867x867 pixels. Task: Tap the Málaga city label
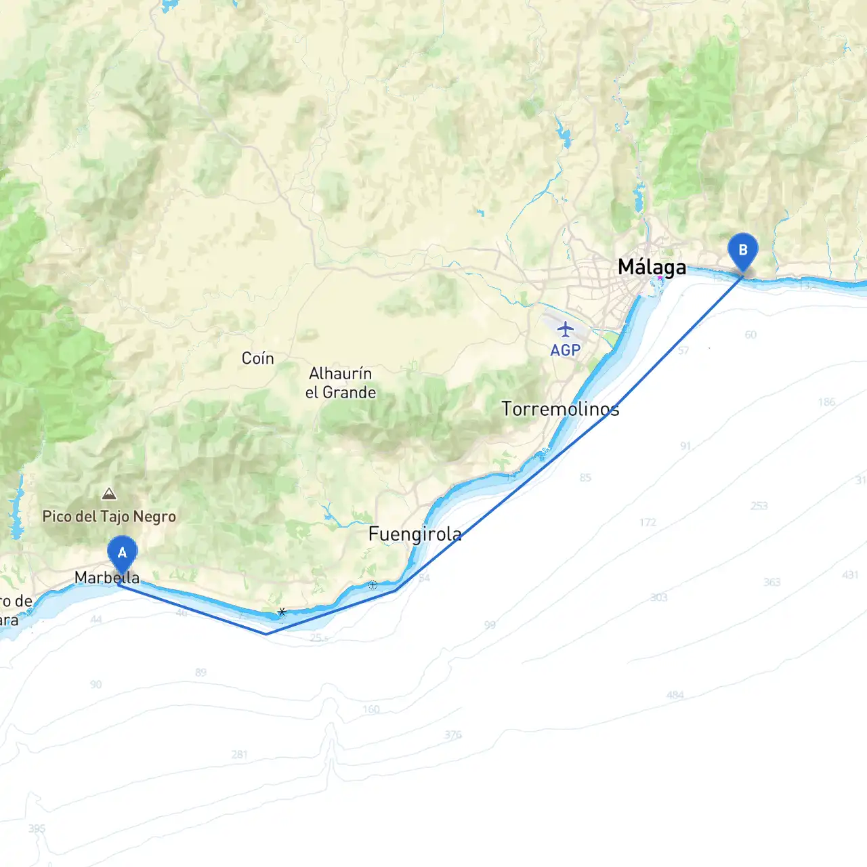click(652, 267)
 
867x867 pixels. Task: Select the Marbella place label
click(107, 578)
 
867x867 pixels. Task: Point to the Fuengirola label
click(415, 534)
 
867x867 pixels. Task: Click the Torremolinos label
click(560, 409)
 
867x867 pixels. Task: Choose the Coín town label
click(258, 358)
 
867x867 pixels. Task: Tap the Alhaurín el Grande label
click(341, 383)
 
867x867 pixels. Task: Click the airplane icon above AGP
click(565, 330)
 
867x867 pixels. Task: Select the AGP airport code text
click(565, 350)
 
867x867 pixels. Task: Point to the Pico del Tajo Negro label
click(109, 517)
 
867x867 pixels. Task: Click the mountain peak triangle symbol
click(109, 494)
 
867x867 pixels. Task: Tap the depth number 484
click(675, 695)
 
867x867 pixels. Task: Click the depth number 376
click(453, 734)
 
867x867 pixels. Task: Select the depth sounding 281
click(239, 755)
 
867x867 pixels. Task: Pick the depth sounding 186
click(826, 402)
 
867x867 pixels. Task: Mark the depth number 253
click(759, 506)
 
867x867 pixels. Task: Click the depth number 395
click(37, 828)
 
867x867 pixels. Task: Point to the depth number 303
click(658, 597)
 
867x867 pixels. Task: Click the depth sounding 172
click(648, 522)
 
